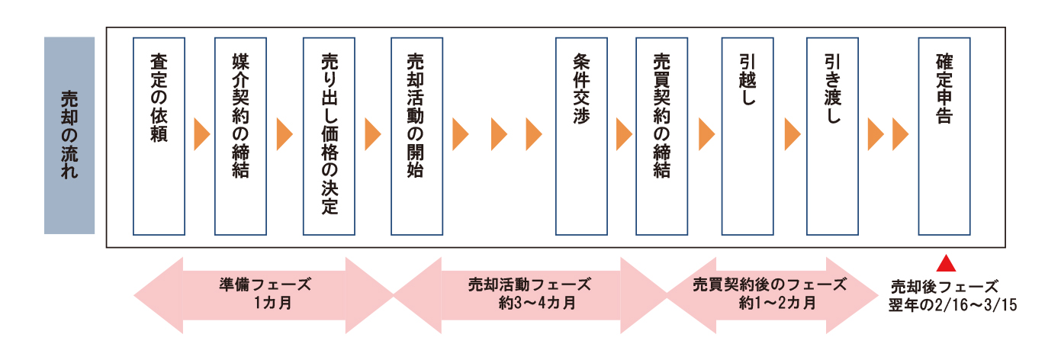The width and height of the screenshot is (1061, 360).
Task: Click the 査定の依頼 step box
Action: [159, 135]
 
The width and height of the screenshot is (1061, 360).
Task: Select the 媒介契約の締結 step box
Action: [242, 135]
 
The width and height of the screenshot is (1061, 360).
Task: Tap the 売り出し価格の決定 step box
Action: [329, 135]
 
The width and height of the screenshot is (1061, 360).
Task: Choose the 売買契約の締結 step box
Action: [661, 135]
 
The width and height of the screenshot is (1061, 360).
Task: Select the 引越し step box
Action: [748, 135]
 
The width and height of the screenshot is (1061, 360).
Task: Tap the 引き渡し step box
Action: [832, 135]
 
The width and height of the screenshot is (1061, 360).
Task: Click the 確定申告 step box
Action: [944, 135]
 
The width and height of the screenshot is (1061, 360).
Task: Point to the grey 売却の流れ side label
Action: [69, 135]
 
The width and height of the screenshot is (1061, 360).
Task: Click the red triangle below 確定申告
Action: [946, 264]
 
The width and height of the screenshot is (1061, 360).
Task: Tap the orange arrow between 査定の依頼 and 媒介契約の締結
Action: [201, 135]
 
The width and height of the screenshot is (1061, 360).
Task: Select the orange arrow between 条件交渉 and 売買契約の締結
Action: [624, 135]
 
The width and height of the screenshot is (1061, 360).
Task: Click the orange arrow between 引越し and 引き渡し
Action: [792, 135]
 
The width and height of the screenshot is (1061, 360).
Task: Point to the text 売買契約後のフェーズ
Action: [770, 284]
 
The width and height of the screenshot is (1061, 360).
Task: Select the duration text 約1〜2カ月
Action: [771, 303]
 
